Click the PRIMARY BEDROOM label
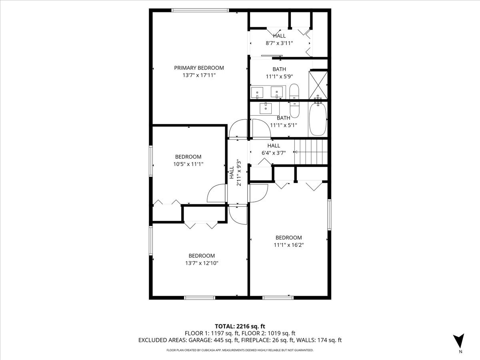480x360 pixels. point(199,68)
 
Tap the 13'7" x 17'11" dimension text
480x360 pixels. point(199,75)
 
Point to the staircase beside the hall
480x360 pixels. point(311,152)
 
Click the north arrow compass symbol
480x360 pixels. point(460,341)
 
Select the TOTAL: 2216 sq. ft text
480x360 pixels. point(240,326)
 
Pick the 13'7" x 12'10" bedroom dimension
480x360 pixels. point(202,263)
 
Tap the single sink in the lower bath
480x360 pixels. point(266,108)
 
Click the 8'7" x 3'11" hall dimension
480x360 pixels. point(279,43)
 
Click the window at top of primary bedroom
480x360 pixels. point(200,10)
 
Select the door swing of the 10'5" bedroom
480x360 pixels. point(216,193)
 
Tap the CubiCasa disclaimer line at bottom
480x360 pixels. point(240,350)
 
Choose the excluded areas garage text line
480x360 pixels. point(240,340)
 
